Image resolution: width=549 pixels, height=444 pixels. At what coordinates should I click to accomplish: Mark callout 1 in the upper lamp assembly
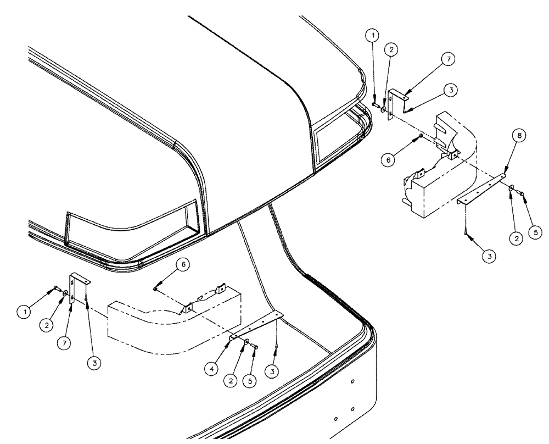point(373,36)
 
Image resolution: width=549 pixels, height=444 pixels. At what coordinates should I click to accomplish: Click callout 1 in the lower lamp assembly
point(24,311)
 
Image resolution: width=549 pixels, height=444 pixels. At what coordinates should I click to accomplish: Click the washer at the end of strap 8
point(511,190)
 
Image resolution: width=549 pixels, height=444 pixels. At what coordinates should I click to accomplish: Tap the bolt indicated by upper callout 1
point(374,103)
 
